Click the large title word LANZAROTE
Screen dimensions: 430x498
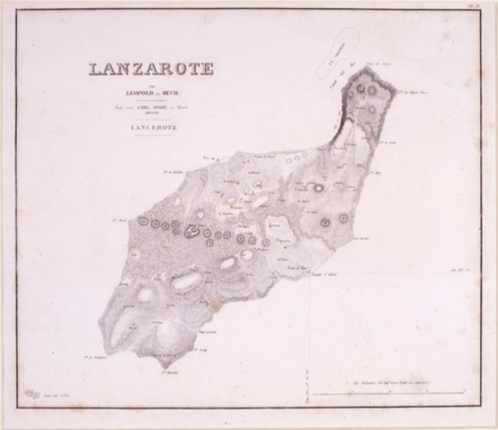pyautogui.click(x=150, y=69)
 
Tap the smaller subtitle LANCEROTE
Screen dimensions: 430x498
pyautogui.click(x=150, y=128)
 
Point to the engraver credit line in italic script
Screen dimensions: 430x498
pyautogui.click(x=150, y=107)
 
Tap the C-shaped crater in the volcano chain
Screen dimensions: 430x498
pyautogui.click(x=192, y=232)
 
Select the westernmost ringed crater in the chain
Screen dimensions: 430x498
pyautogui.click(x=142, y=220)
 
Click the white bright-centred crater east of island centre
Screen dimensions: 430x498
pyautogui.click(x=317, y=188)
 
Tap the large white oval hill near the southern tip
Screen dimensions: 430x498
pyautogui.click(x=168, y=334)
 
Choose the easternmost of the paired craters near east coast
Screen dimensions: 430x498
pyautogui.click(x=343, y=217)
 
